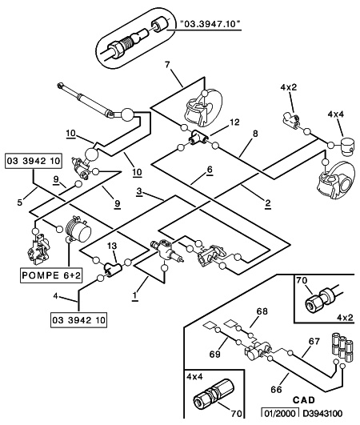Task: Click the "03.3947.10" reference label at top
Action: pos(210,24)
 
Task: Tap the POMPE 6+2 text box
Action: pos(51,275)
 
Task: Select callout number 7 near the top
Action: pos(167,65)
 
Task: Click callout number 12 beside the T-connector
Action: pos(234,122)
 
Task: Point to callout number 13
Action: pos(112,246)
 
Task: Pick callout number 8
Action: pos(255,134)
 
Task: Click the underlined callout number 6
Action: pos(210,170)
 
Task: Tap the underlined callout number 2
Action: pos(268,203)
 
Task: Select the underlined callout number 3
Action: pos(139,191)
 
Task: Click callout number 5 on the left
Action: pos(19,202)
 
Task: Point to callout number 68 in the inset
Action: pos(262,311)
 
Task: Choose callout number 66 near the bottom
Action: pos(276,390)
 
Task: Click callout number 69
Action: pos(215,354)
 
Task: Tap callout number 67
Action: pos(314,341)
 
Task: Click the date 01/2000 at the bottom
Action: pos(280,413)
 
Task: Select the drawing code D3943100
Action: pos(322,413)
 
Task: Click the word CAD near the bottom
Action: pos(304,400)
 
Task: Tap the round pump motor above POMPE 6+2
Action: pos(78,229)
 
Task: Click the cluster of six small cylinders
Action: pos(342,347)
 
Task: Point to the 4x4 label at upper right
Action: pos(336,114)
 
